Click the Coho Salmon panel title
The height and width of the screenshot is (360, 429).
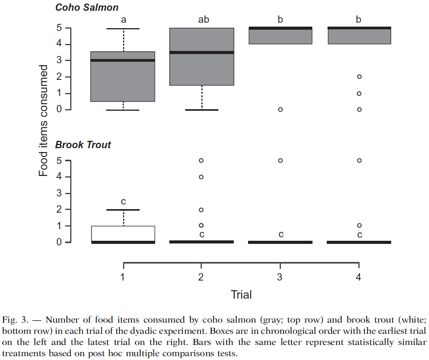point(87,7)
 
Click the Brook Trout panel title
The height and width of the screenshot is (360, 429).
point(83,145)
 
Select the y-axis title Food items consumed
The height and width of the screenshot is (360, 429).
point(44,120)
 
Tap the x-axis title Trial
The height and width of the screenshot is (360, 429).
point(241,295)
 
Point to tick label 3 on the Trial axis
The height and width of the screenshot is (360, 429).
point(280,277)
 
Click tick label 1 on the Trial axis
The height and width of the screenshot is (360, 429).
point(123,277)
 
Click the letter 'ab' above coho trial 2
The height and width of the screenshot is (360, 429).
point(203,20)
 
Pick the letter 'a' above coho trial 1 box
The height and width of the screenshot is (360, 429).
point(123,20)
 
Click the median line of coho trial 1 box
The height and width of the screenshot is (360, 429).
point(123,60)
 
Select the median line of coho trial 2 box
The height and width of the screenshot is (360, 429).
point(202,52)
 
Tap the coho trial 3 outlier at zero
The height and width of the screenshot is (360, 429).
point(280,110)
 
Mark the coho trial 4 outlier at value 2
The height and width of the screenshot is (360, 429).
point(359,76)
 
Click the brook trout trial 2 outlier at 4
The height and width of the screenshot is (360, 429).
point(201,177)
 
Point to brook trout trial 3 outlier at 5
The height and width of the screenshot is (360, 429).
point(280,161)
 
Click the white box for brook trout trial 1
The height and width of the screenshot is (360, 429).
point(123,233)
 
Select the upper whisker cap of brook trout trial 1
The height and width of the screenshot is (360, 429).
point(123,210)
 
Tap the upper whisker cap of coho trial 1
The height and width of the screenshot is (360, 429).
point(123,29)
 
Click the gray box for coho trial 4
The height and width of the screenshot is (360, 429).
point(359,36)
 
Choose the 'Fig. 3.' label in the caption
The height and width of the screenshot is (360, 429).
point(13,320)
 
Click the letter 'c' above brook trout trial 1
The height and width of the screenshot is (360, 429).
point(123,201)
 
